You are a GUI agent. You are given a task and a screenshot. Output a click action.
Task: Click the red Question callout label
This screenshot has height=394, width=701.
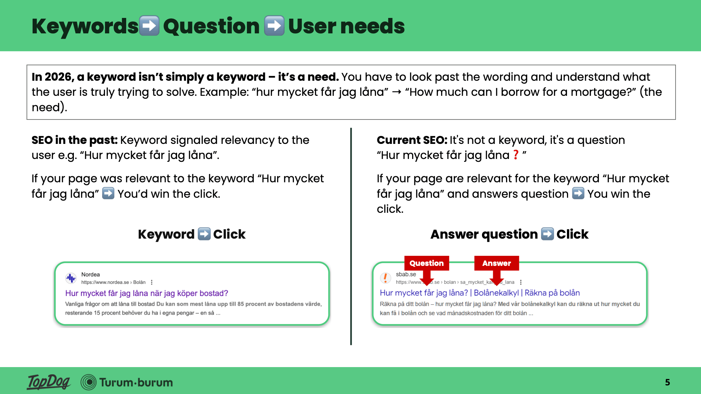tap(426, 263)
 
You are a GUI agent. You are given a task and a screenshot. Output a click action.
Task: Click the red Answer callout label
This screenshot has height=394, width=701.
tap(496, 263)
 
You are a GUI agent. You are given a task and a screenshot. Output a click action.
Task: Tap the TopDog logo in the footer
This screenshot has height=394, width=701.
tap(49, 382)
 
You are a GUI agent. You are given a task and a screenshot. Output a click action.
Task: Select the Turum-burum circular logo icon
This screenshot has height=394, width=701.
tap(89, 382)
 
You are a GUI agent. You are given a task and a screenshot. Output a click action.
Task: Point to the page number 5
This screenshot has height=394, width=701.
tap(667, 382)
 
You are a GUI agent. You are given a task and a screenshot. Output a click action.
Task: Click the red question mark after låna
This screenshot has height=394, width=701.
tap(516, 155)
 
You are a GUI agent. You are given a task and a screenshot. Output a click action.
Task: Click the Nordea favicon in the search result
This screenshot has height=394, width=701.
tap(71, 278)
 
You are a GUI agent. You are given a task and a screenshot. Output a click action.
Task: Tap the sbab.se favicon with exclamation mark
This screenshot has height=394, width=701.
tap(385, 278)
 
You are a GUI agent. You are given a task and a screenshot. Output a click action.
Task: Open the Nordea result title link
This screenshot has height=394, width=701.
tap(147, 293)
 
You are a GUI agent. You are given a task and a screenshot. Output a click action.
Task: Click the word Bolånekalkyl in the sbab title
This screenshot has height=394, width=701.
tap(496, 293)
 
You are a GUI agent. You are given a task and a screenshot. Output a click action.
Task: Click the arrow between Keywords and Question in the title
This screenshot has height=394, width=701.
tap(149, 26)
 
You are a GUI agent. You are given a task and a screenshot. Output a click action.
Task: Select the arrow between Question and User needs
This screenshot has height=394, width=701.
tap(274, 26)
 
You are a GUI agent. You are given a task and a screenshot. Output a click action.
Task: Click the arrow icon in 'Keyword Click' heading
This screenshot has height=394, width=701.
tap(204, 234)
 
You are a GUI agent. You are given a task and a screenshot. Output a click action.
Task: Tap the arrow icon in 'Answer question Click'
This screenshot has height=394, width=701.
tap(547, 234)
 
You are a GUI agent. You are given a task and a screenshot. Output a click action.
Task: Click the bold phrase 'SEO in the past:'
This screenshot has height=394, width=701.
tap(75, 140)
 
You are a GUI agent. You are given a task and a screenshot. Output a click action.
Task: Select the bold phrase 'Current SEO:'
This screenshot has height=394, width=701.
tap(412, 140)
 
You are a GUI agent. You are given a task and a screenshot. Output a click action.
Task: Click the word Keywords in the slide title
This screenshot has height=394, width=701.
tap(85, 26)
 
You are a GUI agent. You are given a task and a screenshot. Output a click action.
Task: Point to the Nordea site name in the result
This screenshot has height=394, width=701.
tap(90, 275)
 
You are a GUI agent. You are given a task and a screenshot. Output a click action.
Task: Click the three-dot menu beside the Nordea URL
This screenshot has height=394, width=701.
tap(152, 282)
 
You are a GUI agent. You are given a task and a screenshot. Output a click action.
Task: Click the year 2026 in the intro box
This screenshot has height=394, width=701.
tap(58, 77)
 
